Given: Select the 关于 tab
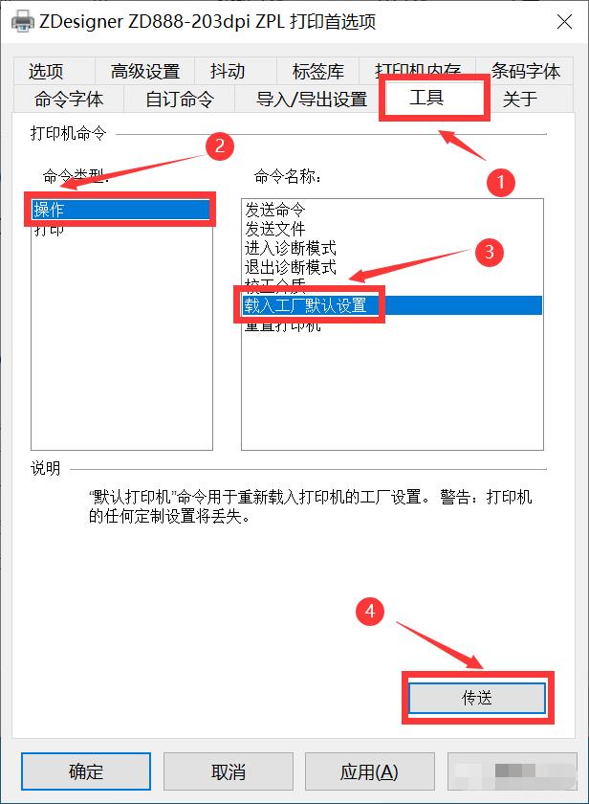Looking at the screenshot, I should coord(520,99).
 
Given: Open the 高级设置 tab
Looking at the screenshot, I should coord(144,71).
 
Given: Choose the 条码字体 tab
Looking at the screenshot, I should coord(525,71).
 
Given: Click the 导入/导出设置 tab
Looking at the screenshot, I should coord(312,99).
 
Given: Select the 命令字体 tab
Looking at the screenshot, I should coord(68,99).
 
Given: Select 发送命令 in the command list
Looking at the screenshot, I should coord(274,210).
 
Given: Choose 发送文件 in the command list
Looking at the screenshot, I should coord(274,229).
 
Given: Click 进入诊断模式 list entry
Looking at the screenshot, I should coord(290,248).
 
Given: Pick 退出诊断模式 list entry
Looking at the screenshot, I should coord(290,267).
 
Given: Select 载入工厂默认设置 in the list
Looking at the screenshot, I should coord(305,305).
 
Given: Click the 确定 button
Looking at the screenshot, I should coord(86,771).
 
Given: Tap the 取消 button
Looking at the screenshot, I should coord(228,771).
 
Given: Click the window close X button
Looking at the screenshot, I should coord(564,21).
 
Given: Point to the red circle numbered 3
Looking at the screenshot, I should coord(489,253).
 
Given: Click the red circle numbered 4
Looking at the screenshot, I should coord(370,611).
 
